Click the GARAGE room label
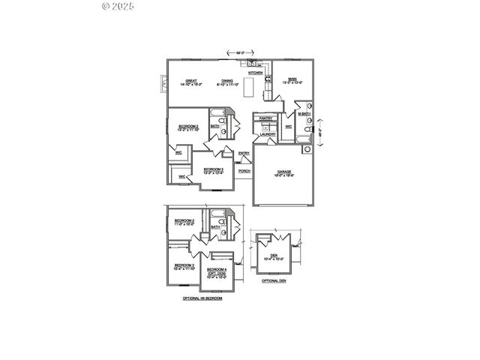(x=284, y=172)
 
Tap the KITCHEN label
(x=255, y=73)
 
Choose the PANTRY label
(x=265, y=118)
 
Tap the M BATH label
(x=304, y=114)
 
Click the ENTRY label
(x=244, y=154)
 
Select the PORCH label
(x=244, y=170)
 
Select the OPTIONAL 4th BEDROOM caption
(x=202, y=298)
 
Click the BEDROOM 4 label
(x=217, y=268)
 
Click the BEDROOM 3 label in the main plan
(x=214, y=169)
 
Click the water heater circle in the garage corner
(x=306, y=149)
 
